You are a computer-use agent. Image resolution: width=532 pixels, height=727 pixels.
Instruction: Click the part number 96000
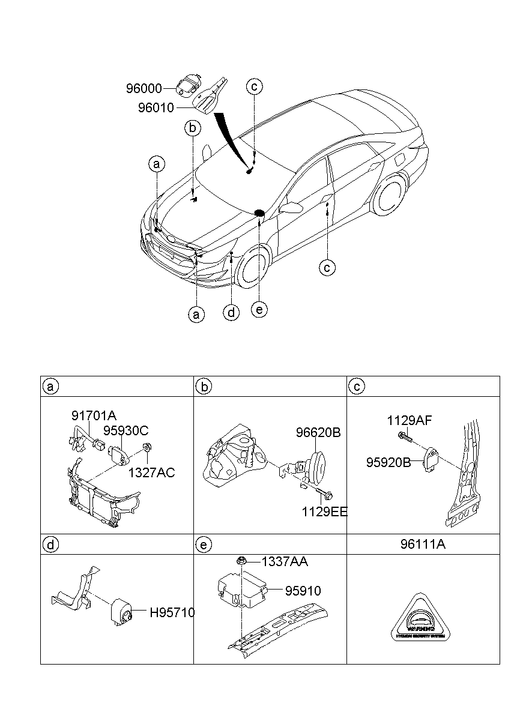tap(144, 89)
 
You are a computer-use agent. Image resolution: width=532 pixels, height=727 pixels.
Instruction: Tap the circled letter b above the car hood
tap(192, 128)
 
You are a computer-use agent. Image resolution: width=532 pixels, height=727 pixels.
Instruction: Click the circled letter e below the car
tap(259, 309)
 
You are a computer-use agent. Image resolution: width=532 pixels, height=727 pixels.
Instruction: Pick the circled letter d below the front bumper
tap(231, 312)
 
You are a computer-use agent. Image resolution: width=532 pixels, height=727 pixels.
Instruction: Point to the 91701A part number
tap(94, 415)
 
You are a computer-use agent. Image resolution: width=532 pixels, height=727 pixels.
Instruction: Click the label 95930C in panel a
tap(125, 431)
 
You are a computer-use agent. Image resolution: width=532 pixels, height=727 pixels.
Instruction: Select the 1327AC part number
tap(151, 472)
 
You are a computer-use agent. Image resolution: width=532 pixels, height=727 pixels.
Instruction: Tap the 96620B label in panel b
tap(318, 432)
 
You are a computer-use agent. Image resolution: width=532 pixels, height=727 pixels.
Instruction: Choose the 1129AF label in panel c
tap(409, 421)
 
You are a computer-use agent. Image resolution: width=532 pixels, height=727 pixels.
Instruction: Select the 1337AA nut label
tap(285, 561)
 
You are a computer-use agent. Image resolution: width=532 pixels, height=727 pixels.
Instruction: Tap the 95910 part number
tap(303, 591)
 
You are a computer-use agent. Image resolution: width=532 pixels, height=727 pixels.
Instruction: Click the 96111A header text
tap(423, 544)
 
